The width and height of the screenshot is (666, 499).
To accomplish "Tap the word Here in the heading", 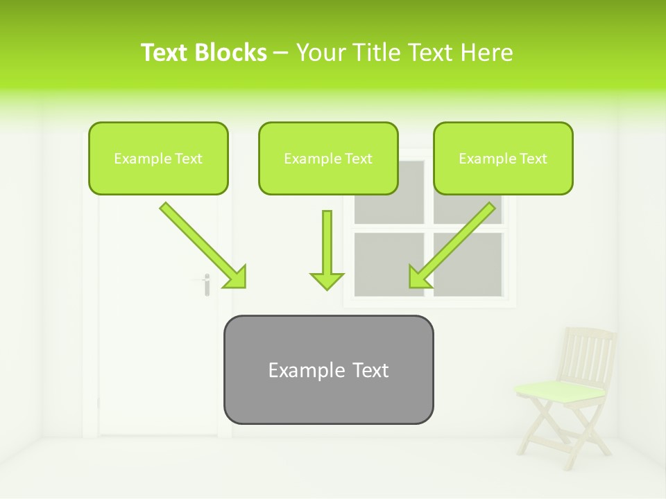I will tap(488, 53).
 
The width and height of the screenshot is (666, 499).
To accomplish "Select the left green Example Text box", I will tap(158, 159).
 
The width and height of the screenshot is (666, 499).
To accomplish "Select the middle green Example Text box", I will tap(328, 159).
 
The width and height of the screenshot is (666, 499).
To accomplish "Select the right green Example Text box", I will tap(503, 159).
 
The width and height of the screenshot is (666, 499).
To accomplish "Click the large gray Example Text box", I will tap(328, 370).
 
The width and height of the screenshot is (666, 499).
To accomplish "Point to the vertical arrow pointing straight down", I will tap(327, 249).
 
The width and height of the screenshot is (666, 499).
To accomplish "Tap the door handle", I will tap(206, 283).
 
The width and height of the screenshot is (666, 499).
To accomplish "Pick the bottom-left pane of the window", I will tap(388, 263).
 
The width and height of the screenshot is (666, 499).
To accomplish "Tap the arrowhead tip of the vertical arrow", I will tap(327, 288).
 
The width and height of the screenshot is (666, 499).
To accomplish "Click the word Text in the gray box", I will tap(370, 370).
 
